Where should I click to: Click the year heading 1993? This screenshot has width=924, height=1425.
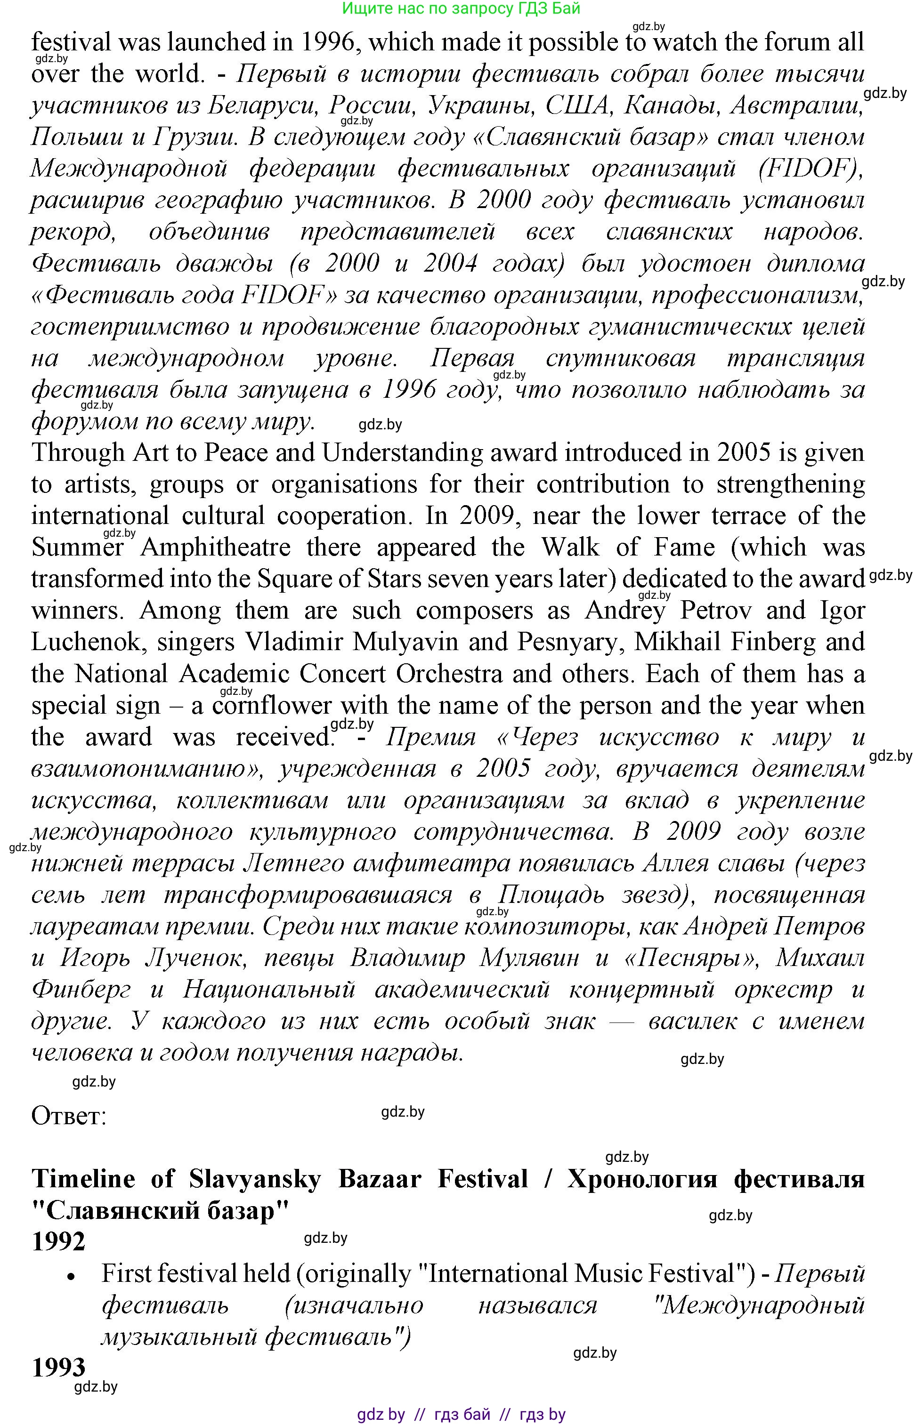pos(58,1368)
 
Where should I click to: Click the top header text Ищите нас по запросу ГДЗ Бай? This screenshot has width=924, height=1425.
pos(462,8)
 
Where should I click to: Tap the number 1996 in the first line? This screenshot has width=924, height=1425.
pos(326,42)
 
